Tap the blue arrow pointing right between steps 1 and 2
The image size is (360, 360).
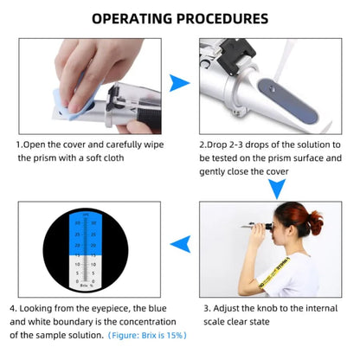pyautogui.click(x=178, y=82)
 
